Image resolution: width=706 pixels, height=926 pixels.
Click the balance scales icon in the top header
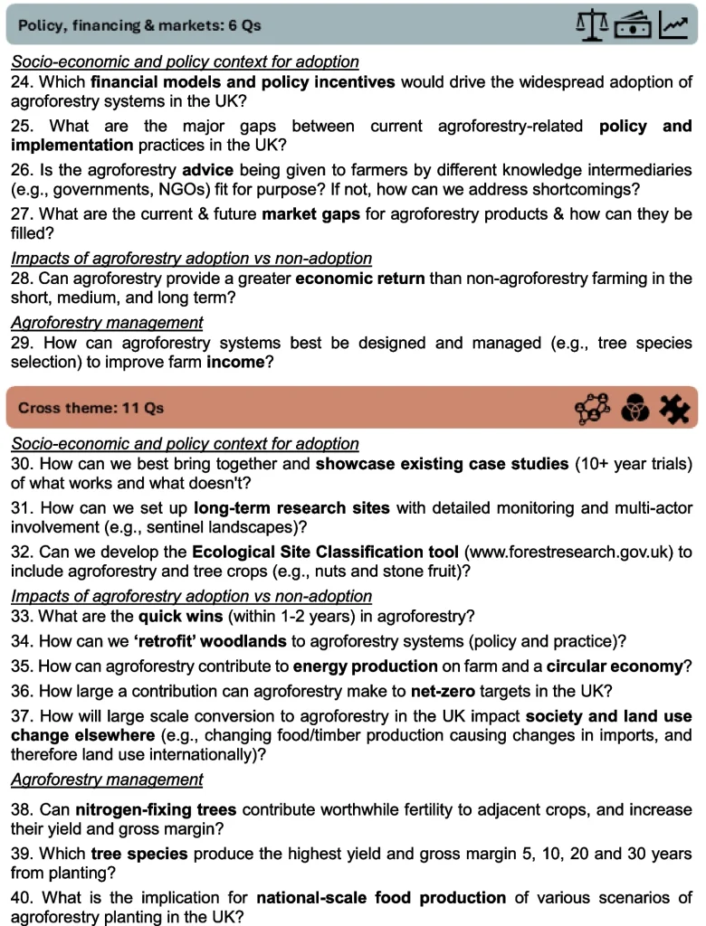coord(592,25)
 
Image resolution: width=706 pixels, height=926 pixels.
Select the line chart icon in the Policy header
coord(673,26)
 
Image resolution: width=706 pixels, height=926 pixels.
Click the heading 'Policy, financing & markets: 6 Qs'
coord(139,25)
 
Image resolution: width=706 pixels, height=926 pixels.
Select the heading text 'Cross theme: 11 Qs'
coord(91,408)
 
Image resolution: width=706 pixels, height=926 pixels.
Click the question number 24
coord(22,82)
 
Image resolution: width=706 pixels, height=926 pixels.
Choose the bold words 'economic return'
coord(360,279)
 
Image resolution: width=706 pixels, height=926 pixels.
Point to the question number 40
coord(22,898)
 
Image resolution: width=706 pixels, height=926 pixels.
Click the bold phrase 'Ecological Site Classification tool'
coord(325,552)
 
